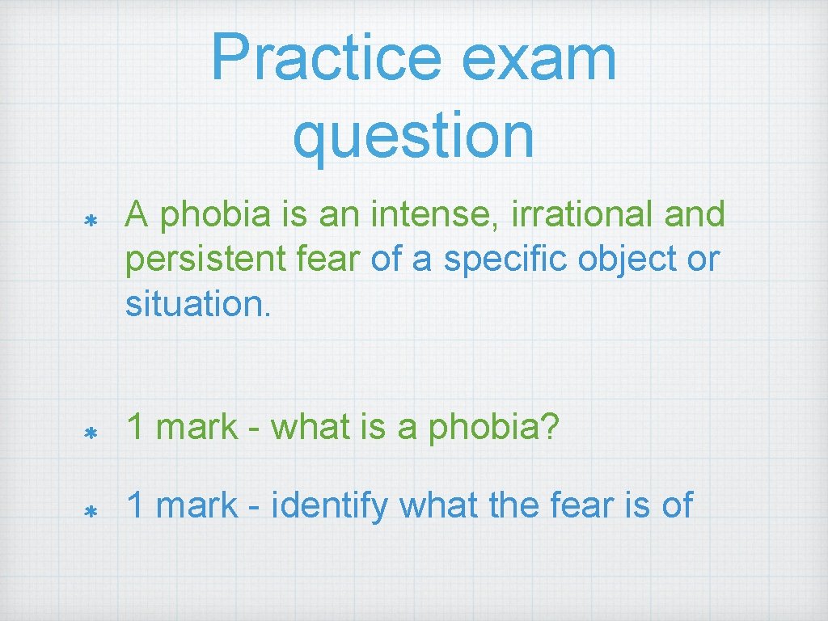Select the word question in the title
coord(413,135)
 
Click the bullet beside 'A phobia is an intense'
coord(91,220)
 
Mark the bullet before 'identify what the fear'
coord(91,512)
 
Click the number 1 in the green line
coord(137,427)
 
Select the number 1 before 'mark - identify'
coord(137,505)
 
